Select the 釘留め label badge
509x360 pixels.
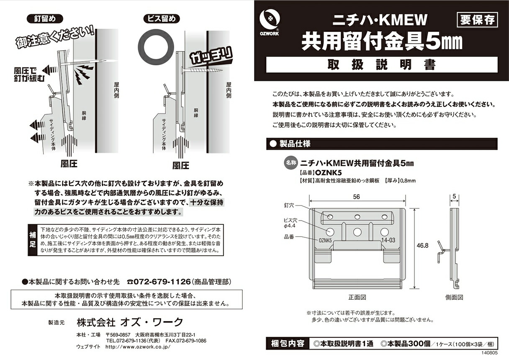coord(44,19)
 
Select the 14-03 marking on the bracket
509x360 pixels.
coord(388,241)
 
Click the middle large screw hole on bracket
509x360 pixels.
coord(357,231)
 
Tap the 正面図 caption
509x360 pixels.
coord(357,298)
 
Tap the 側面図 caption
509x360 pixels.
coord(454,298)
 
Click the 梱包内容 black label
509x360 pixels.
coord(288,344)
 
